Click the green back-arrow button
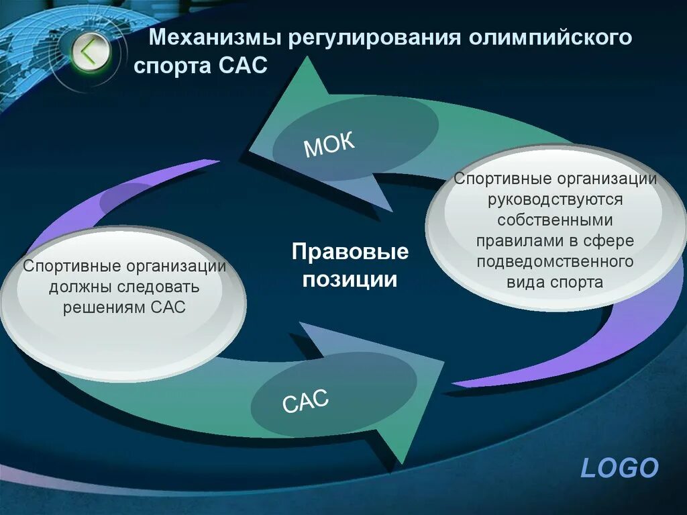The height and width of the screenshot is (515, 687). click(89, 51)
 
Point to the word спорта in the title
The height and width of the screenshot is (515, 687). click(173, 66)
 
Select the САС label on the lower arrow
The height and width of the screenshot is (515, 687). click(305, 402)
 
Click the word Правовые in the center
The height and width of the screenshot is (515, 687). click(350, 252)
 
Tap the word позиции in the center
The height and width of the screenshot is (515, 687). click(350, 279)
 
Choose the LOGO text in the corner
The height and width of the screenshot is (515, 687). click(619, 468)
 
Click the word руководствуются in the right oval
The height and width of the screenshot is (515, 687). click(556, 199)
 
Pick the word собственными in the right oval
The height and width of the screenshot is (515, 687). click(556, 220)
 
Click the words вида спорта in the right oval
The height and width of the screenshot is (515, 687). click(556, 282)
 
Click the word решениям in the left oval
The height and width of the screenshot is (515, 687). click(104, 308)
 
